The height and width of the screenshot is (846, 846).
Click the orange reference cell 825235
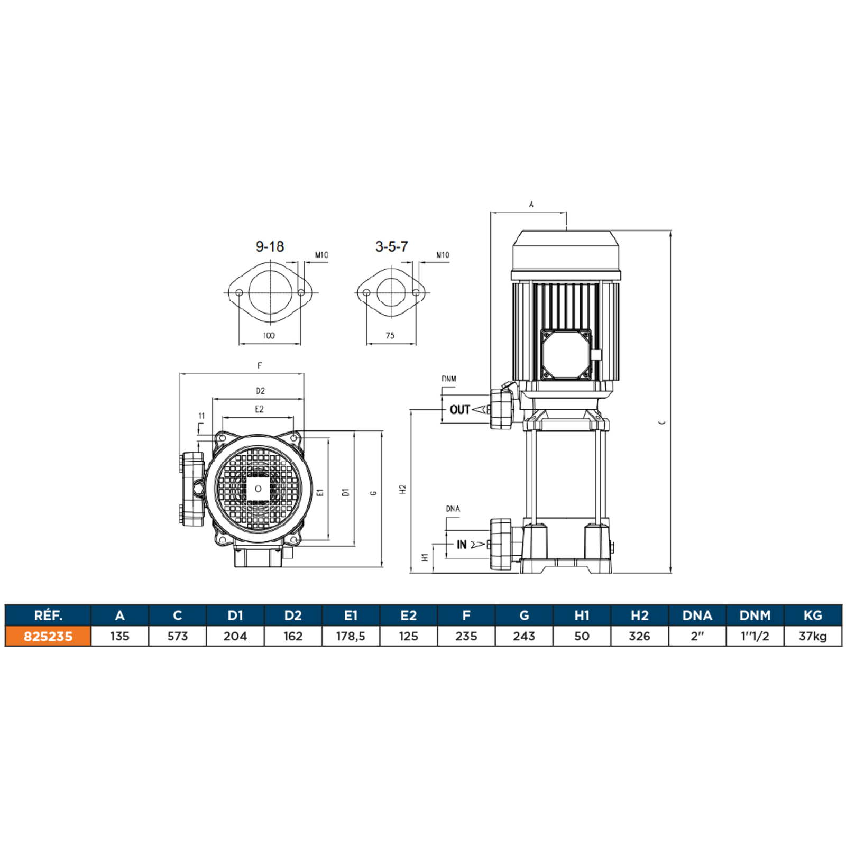tap(48, 636)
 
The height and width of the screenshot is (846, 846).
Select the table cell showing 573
tap(178, 636)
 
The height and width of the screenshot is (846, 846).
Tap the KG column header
tap(813, 615)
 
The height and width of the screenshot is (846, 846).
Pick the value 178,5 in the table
tap(351, 636)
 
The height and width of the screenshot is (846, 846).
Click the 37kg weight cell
tap(813, 636)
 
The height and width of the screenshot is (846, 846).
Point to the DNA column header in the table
tap(697, 615)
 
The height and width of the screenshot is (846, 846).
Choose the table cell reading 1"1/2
tap(755, 636)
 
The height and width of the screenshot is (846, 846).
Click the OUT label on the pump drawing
tap(459, 410)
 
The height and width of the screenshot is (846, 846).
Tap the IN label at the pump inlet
tap(462, 545)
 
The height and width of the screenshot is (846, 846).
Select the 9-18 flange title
tap(270, 246)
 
